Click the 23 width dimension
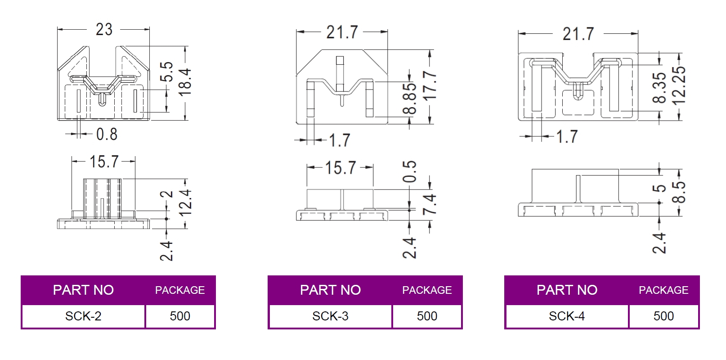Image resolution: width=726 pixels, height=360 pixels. point(104,30)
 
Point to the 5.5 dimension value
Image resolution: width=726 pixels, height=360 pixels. point(166,72)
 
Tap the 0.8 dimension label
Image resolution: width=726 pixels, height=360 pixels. point(107,134)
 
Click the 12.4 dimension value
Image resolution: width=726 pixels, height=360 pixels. point(185,202)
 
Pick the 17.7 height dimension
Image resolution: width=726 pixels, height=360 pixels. point(430,85)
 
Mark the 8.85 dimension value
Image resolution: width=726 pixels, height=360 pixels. point(410,99)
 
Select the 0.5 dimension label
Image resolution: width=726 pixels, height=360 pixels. point(410,171)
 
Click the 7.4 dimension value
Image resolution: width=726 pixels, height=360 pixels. point(430,204)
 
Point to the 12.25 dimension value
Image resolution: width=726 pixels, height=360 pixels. point(679,85)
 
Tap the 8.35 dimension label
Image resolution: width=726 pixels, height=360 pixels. point(659,88)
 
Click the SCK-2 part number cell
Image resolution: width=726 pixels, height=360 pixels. point(83,316)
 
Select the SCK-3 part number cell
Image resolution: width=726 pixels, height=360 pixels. point(330,316)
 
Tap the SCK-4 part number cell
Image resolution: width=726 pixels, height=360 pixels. point(567,316)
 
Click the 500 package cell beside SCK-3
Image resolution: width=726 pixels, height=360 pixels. point(427,316)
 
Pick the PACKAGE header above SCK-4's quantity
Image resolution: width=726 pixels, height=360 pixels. point(663,290)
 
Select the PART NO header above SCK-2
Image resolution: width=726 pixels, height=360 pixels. point(83,290)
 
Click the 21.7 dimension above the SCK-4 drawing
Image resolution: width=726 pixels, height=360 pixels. point(578,34)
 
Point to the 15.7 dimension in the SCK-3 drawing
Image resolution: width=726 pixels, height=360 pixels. point(340,168)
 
